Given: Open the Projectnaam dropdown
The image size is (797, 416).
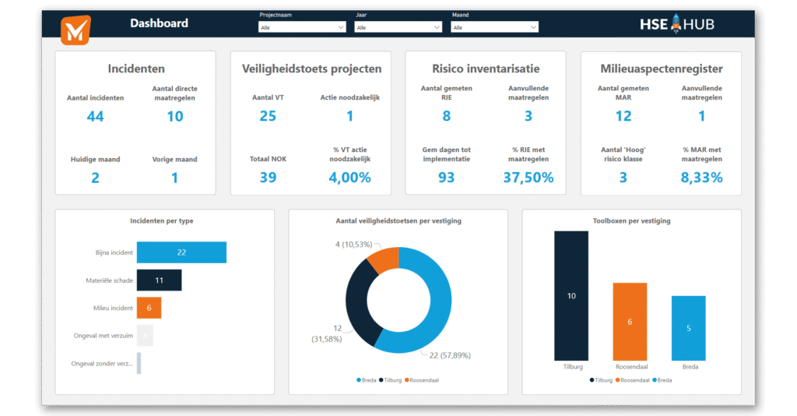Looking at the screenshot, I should click(302, 27).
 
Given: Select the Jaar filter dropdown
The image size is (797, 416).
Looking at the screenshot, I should click(398, 27).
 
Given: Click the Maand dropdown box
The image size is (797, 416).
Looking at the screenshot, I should click(494, 27).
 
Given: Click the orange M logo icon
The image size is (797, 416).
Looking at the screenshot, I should click(75, 29).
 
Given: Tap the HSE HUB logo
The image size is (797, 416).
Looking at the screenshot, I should click(676, 24).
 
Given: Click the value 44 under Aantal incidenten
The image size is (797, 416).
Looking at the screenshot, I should click(95, 117).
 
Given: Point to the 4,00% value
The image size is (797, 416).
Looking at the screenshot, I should click(349, 178).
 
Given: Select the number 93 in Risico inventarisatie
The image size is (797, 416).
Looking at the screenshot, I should click(447, 178).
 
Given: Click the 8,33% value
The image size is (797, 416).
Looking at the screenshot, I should click(701, 178).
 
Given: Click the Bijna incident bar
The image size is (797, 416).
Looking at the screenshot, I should click(181, 252).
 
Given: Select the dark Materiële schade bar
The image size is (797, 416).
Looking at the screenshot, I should click(159, 280).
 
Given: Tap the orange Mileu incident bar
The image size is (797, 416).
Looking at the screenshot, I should click(149, 308).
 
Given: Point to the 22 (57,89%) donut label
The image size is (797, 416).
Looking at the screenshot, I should click(450, 355).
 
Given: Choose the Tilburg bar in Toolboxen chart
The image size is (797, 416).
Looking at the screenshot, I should click(571, 295).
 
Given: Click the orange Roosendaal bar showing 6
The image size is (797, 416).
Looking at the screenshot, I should click(630, 321).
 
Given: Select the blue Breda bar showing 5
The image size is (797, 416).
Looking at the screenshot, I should click(688, 327).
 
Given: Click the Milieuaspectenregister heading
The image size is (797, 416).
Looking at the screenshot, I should click(661, 69).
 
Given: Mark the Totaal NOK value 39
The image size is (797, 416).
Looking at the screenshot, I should click(269, 178).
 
